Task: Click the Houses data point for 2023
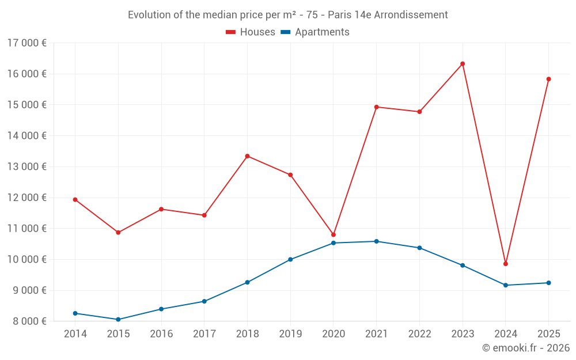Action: click(x=463, y=64)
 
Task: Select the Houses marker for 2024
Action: click(x=506, y=264)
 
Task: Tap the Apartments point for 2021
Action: click(x=376, y=241)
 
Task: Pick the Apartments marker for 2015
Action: click(x=118, y=319)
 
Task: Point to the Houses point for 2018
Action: click(x=247, y=156)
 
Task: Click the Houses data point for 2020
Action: click(x=334, y=235)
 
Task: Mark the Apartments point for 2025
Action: click(x=548, y=283)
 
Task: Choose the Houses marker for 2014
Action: click(x=75, y=200)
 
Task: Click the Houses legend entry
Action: click(x=251, y=32)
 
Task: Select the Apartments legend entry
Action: click(x=315, y=32)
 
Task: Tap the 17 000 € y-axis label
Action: click(x=27, y=43)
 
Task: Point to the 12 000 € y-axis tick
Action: click(x=27, y=198)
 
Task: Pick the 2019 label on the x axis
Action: click(x=290, y=334)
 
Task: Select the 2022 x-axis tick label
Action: click(x=419, y=334)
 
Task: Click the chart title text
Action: click(x=287, y=15)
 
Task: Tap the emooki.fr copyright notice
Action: click(x=525, y=348)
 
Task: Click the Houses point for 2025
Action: click(x=548, y=79)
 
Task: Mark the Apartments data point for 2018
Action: click(x=247, y=282)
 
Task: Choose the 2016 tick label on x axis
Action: click(x=161, y=334)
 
